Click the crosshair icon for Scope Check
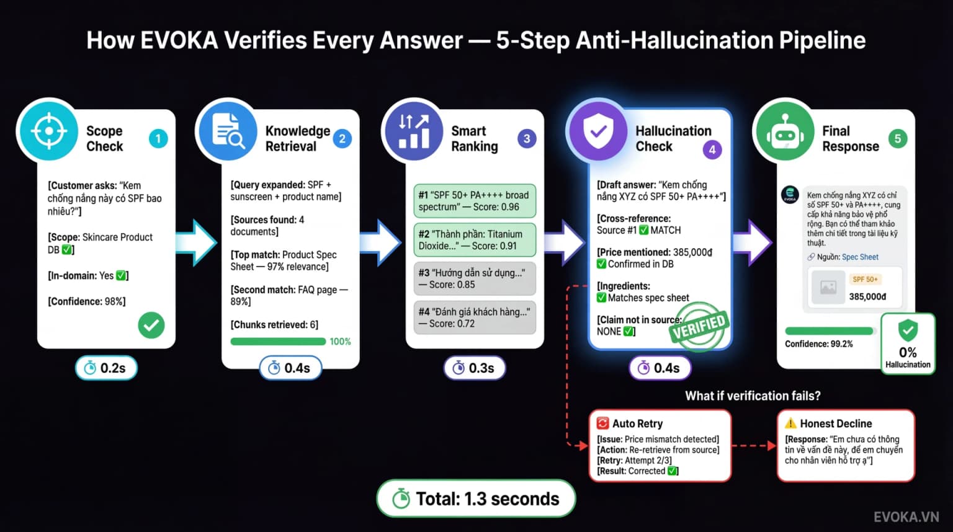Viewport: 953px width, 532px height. coord(49,131)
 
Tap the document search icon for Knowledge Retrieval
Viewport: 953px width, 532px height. coord(228,131)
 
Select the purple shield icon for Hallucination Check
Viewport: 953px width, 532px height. coord(597,131)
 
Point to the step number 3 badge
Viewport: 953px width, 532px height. coord(527,139)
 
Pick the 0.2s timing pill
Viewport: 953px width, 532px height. coord(106,368)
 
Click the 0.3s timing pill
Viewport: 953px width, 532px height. coord(475,368)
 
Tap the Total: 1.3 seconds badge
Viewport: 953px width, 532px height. coord(476,499)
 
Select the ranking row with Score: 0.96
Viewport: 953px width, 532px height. coord(475,201)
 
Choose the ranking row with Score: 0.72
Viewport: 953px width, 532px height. coord(475,317)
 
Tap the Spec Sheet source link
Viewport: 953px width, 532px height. coord(860,257)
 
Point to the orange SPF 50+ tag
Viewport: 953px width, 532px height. coord(865,280)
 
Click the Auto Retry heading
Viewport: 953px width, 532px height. coord(637,423)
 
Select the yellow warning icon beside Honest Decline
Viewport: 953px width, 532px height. coord(790,423)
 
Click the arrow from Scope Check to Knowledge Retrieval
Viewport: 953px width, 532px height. coord(196,243)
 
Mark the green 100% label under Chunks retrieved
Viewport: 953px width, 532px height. coord(341,342)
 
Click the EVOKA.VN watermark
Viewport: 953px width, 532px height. coord(906,516)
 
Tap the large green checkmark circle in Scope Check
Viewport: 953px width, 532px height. coord(151,326)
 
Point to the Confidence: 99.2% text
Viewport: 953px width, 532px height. coord(819,344)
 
